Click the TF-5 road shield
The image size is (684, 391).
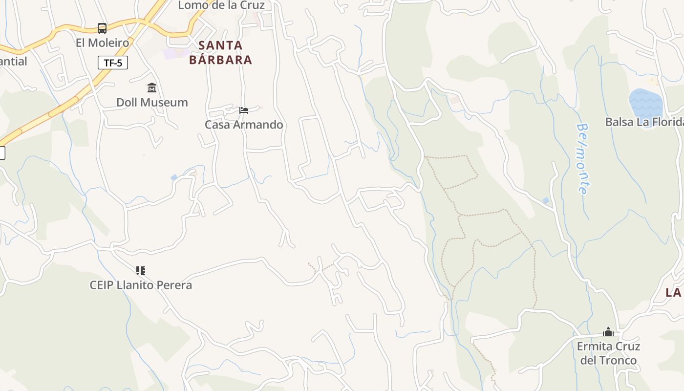(x=113, y=63)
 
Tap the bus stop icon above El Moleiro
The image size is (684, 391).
(x=102, y=28)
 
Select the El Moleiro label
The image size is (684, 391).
(x=102, y=43)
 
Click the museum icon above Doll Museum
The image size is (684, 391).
(x=152, y=88)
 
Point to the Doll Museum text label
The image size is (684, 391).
(x=152, y=102)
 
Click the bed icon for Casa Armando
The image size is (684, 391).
(x=244, y=110)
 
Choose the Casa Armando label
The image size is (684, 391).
(x=244, y=125)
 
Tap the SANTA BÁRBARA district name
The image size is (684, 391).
(x=220, y=52)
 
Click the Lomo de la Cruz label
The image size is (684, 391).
(x=221, y=5)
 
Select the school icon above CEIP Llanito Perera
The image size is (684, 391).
(x=141, y=270)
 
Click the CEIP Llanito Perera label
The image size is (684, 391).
(x=141, y=285)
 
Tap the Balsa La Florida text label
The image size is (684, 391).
(x=644, y=122)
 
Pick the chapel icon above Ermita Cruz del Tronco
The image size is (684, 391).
(x=608, y=332)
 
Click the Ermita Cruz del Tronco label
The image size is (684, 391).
(x=608, y=353)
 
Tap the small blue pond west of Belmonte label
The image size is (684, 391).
(x=545, y=200)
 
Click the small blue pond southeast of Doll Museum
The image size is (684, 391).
(x=174, y=177)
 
